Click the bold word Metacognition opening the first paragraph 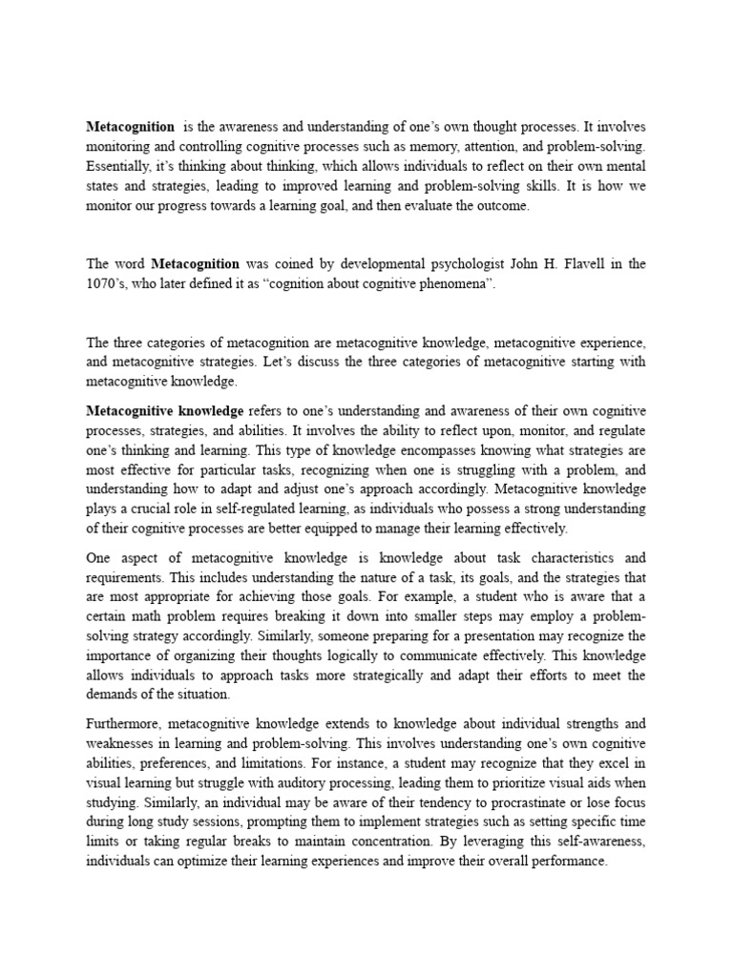pyautogui.click(x=131, y=126)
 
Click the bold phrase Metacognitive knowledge pyautogui.click(x=165, y=411)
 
